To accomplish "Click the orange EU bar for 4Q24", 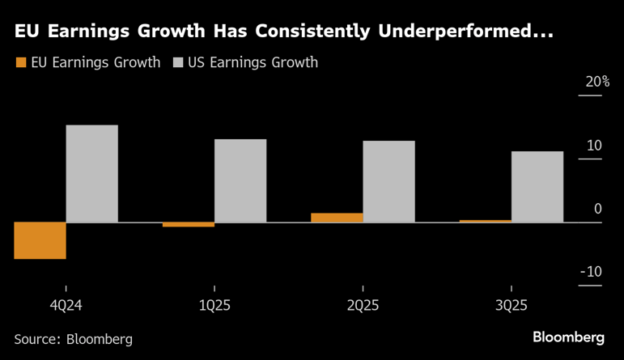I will click(40, 240).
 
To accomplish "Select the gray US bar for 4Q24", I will click(91, 173).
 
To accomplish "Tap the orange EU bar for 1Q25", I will click(189, 224).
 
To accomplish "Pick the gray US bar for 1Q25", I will click(240, 180).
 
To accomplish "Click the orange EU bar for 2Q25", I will click(337, 218).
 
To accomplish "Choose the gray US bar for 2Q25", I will click(388, 181).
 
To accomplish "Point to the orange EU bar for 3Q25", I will click(486, 221).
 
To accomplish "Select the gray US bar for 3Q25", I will click(537, 187).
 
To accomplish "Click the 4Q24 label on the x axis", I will click(66, 306).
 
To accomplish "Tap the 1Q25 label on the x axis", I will click(214, 306).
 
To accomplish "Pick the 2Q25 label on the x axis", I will click(363, 306).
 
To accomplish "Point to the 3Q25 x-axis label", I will click(512, 306).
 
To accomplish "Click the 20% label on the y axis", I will click(597, 83).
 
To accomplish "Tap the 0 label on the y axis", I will click(598, 209).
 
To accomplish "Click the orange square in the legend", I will click(20, 62).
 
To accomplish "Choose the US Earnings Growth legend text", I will click(253, 62).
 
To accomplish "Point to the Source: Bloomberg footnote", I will click(73, 339).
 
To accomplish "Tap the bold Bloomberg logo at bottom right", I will click(568, 337).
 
